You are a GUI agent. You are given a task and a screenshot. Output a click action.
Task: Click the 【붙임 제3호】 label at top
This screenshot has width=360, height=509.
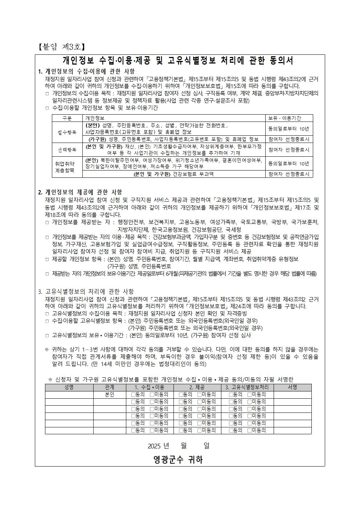pos(61,47)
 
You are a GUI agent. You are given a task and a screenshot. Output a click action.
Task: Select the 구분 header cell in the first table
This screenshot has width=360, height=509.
pos(67,118)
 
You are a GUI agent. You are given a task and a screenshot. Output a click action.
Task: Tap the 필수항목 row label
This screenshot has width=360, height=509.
pos(67,132)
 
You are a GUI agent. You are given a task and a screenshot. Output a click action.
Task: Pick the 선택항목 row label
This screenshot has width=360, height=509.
pos(67,149)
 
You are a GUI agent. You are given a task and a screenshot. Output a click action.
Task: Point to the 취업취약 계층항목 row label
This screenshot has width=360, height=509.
pos(67,167)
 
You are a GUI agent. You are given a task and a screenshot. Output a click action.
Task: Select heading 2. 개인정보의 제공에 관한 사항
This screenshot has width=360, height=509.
pos(80,192)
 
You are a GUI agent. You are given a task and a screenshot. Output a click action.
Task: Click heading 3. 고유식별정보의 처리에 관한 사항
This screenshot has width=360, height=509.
pos(86,291)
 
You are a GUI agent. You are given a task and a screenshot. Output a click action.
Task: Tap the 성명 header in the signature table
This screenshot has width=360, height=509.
pos(69,387)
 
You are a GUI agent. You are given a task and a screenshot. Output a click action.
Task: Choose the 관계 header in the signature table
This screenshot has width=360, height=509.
pos(109,387)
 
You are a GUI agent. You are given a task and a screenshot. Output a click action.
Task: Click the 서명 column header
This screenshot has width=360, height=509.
pos(292,387)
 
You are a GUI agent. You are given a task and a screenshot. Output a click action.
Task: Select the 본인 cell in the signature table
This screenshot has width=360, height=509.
pos(109,394)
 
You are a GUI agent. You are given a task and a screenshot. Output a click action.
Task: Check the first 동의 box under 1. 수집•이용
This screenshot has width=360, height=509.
pos(134,394)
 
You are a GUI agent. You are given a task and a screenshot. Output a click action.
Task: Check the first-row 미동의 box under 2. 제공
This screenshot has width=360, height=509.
pos(199,394)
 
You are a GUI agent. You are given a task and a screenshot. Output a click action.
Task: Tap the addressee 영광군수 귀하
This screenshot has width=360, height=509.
pos(178,460)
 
